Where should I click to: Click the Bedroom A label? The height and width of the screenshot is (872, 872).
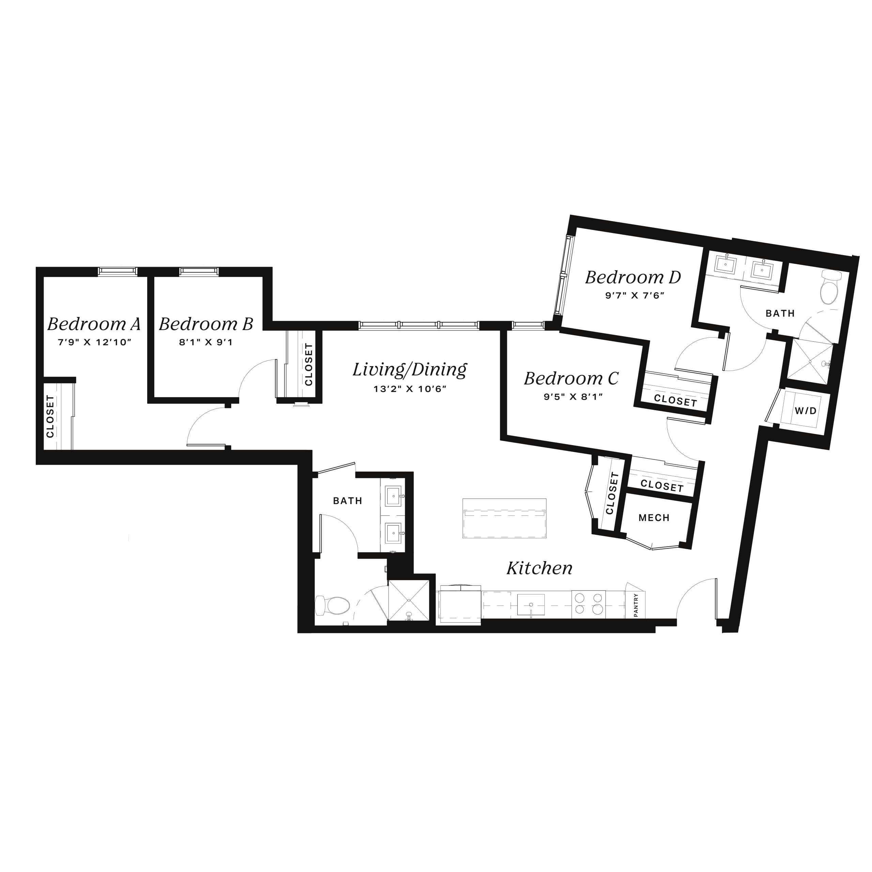point(94,324)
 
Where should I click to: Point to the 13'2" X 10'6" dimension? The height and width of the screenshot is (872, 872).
point(410,389)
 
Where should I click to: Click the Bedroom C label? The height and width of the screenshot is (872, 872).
point(571,378)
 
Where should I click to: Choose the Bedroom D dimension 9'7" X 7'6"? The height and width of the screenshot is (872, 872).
point(635,296)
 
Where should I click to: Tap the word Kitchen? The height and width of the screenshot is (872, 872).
point(539,568)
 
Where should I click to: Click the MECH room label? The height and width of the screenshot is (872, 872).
point(654,518)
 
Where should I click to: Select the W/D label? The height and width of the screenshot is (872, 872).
point(806,411)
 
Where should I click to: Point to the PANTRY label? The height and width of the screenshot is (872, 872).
point(636,605)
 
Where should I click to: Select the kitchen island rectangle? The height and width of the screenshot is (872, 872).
point(504,518)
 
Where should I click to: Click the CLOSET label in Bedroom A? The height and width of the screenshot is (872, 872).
point(50,416)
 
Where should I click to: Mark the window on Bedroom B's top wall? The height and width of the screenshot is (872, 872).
point(199,271)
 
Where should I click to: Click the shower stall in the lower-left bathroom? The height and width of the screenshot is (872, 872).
point(408,600)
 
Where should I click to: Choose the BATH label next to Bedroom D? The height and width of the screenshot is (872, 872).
point(780,313)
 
